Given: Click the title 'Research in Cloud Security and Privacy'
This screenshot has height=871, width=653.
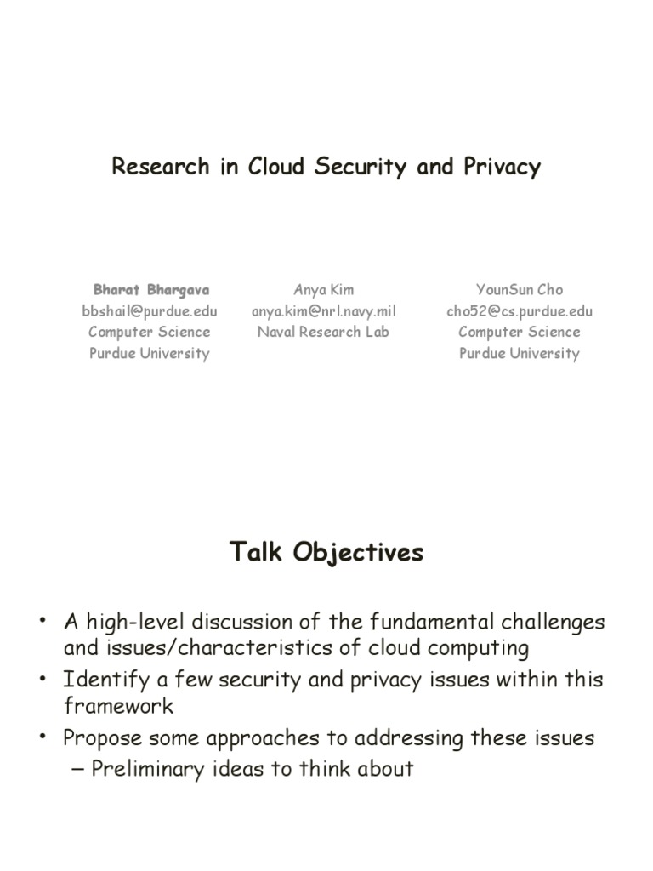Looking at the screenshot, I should coord(326,167).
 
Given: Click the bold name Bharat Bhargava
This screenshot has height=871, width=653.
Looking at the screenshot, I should coord(150,290).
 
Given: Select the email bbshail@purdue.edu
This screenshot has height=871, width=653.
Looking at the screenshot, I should coord(150,311).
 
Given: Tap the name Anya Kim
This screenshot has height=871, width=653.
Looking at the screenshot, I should coord(323,290).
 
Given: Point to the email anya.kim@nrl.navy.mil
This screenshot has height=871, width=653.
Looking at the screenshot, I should coord(323,311).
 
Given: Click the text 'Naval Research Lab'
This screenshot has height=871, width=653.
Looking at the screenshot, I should coord(323,333).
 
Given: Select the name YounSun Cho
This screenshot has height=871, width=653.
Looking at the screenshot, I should coord(519,290).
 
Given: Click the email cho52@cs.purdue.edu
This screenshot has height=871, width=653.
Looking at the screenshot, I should coord(519,311).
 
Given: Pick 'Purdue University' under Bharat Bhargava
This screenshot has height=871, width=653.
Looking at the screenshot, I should coord(150,354).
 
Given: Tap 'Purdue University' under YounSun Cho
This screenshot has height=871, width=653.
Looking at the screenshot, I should coord(519,354).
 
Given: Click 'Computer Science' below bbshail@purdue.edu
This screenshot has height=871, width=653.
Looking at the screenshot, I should coord(150,333).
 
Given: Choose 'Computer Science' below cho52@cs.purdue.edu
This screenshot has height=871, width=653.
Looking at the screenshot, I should coord(519,333).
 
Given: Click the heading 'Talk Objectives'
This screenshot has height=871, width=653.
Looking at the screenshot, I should coord(326,553).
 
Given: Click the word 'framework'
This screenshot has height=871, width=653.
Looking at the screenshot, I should coord(118,706).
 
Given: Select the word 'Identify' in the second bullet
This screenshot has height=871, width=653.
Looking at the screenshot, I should coord(96,680).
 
